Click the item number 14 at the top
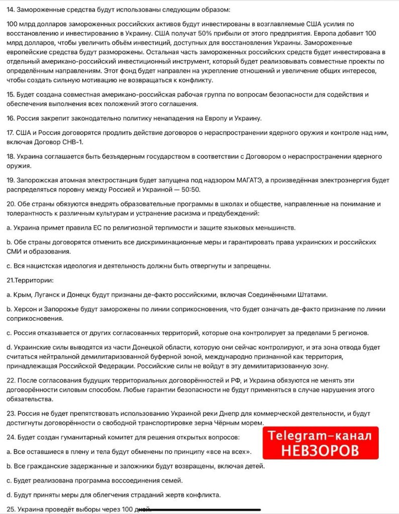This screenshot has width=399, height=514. pyautogui.click(x=11, y=10)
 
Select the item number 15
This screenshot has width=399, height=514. pyautogui.click(x=11, y=94)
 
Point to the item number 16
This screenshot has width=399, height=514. pyautogui.click(x=11, y=118)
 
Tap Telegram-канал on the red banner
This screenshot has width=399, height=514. pyautogui.click(x=320, y=435)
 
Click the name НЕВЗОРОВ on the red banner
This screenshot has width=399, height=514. pyautogui.click(x=320, y=450)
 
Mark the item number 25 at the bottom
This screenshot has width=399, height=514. pyautogui.click(x=11, y=508)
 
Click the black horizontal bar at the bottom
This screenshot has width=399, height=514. pyautogui.click(x=201, y=510)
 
